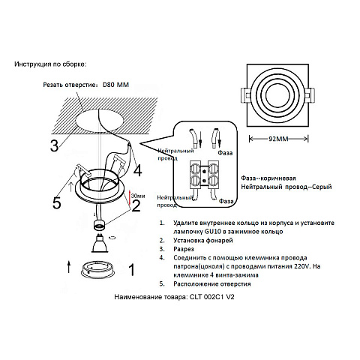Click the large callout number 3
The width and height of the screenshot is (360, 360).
54,145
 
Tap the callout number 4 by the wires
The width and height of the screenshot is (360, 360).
138,170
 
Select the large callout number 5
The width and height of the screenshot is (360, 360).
57,202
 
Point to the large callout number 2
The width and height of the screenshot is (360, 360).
136,206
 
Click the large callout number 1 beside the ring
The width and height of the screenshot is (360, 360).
131,270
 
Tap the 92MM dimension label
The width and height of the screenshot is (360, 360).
278,139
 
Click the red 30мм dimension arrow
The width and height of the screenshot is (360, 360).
130,198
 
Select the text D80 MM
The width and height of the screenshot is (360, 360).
115,85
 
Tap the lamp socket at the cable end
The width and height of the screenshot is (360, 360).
100,225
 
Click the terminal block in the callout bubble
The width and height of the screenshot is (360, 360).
205,175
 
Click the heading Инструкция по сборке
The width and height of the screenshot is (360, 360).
50,64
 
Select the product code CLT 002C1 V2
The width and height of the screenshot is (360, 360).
212,297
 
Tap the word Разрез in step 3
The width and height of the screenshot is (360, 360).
184,249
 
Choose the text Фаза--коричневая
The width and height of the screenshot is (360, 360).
268,178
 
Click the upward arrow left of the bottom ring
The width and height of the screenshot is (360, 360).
69,266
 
